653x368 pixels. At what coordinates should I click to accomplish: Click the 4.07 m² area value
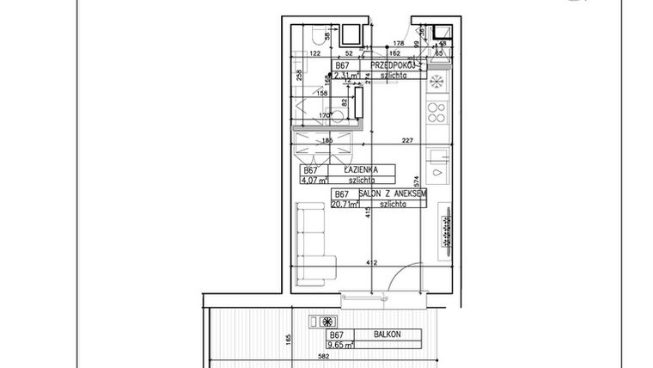(313, 181)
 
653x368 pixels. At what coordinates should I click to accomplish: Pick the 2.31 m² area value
(348, 76)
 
